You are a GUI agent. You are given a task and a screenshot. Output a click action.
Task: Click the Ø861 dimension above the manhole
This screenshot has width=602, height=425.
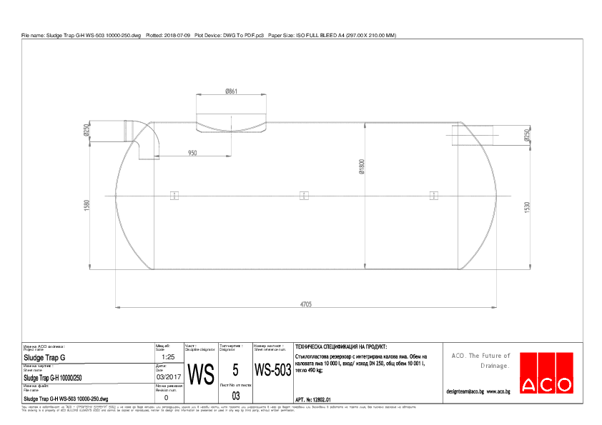231,91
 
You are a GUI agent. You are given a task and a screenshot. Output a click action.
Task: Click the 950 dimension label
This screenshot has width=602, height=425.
192,153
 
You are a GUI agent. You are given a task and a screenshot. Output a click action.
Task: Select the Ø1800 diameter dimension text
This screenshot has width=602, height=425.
362,166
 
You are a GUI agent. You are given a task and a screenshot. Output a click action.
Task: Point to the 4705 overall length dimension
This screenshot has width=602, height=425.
305,304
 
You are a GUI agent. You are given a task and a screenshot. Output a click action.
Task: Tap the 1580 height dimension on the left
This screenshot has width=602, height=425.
87,206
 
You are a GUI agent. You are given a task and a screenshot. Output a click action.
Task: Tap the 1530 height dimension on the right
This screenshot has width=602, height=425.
527,207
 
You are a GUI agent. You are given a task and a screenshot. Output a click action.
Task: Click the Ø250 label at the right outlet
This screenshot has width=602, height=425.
527,134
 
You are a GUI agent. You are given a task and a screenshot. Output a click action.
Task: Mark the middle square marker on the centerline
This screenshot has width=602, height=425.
304,195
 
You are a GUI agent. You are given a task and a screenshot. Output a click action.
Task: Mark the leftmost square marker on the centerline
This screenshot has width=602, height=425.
174,195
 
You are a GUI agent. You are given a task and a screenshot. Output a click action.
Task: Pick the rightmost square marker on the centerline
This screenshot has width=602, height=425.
433,195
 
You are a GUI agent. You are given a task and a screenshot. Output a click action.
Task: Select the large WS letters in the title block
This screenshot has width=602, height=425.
200,374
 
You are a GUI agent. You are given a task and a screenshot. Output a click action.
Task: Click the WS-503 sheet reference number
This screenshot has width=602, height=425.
272,371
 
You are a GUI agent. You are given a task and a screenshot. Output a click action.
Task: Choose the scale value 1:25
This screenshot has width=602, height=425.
169,356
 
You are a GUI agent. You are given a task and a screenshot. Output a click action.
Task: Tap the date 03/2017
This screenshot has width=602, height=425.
166,376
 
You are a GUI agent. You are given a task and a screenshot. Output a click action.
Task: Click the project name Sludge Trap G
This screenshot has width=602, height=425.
44,357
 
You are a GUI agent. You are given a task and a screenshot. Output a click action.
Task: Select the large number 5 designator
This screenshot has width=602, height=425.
235,370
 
